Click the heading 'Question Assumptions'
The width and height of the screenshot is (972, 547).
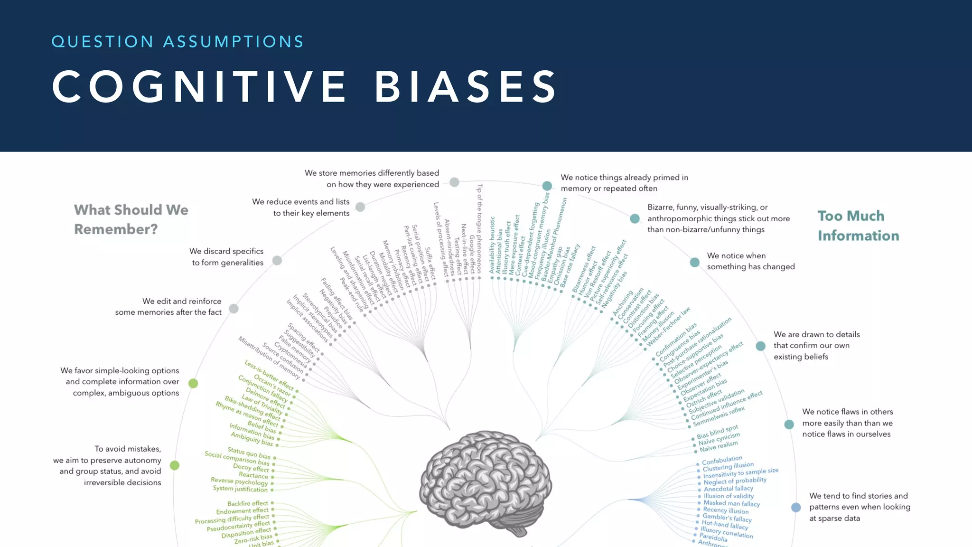[178, 42]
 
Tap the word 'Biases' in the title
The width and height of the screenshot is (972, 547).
[466, 86]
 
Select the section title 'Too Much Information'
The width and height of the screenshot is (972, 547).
[858, 226]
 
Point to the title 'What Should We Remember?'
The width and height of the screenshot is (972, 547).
[131, 219]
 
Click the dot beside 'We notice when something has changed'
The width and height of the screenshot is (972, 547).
[695, 262]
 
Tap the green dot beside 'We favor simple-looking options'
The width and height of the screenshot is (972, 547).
[193, 383]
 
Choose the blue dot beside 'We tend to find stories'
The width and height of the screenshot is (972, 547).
[796, 507]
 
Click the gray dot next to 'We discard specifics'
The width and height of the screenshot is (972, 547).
[277, 260]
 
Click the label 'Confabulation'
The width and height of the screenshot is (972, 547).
[722, 460]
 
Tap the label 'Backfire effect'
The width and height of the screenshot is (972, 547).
[248, 503]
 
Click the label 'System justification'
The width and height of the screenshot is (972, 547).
[240, 489]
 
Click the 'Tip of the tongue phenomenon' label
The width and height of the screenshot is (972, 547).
[479, 228]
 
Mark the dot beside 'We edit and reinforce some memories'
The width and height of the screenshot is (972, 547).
[234, 309]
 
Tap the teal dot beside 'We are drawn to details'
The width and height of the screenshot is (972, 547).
[760, 346]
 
